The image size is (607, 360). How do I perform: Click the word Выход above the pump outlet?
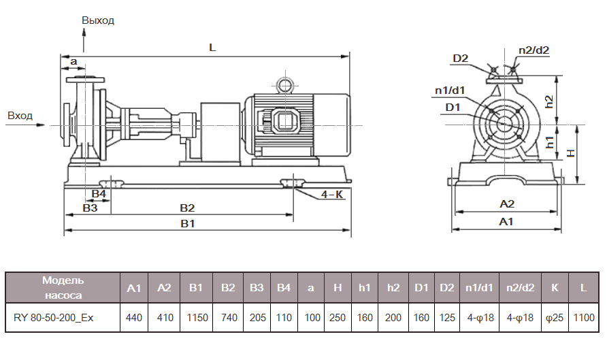click(98, 20)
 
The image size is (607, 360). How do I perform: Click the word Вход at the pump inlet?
click(20, 116)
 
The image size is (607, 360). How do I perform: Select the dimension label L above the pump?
click(212, 48)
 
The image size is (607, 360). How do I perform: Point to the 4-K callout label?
click(332, 195)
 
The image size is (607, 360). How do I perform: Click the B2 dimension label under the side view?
click(187, 208)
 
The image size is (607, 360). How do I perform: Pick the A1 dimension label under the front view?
click(506, 222)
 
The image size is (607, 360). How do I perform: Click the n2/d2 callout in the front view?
click(533, 50)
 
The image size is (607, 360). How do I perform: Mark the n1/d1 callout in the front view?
click(450, 90)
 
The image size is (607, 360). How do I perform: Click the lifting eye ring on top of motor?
click(283, 85)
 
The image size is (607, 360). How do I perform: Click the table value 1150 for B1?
click(196, 317)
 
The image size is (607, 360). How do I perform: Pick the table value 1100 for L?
click(583, 317)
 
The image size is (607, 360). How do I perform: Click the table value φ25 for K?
click(555, 317)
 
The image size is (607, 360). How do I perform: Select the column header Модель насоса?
click(63, 288)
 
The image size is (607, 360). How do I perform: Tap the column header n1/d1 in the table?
click(479, 288)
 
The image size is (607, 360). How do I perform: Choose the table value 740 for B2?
click(227, 317)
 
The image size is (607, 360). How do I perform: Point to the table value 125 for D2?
click(446, 317)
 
